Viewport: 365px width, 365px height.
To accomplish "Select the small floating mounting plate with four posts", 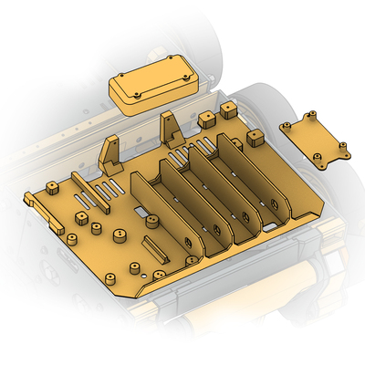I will click(315, 141).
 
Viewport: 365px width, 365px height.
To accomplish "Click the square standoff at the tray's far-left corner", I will click(53, 189).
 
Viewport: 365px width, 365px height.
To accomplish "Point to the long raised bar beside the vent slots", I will click(89, 191).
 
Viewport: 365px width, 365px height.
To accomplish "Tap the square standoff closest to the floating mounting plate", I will click(254, 138).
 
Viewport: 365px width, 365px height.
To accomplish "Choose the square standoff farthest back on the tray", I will click(227, 109).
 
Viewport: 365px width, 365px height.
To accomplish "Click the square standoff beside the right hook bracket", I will click(207, 120).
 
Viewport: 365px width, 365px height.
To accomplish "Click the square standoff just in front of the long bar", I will click(81, 219).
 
